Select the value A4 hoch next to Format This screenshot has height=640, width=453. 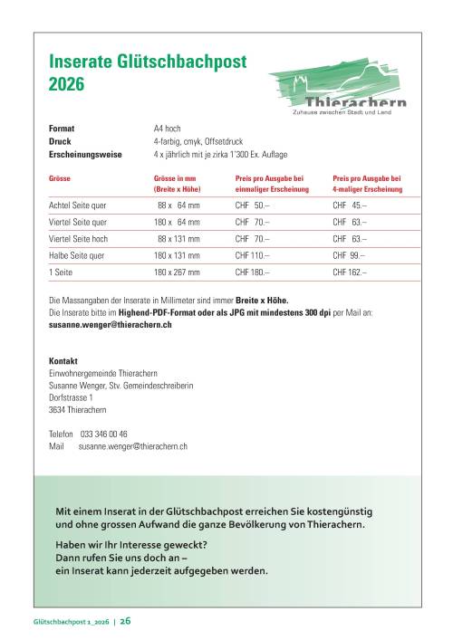click(168, 129)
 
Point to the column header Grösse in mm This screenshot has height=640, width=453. click(175, 179)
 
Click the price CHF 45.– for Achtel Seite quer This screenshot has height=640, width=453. click(353, 206)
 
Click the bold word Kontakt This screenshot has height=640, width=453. click(63, 360)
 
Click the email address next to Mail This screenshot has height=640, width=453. click(132, 446)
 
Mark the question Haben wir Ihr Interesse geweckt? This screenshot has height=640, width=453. click(130, 543)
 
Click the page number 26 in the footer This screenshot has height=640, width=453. click(125, 621)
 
